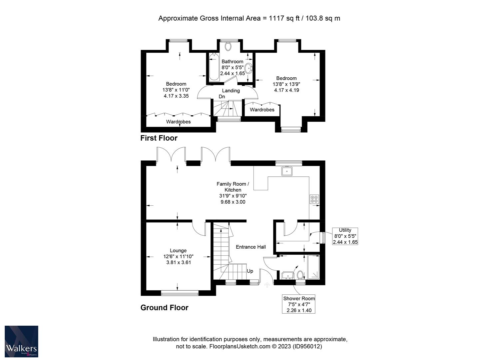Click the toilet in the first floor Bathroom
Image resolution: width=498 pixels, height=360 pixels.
[x=228, y=46]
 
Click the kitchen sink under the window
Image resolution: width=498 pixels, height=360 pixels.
[x=286, y=171]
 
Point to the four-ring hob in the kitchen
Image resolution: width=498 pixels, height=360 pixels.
[x=314, y=199]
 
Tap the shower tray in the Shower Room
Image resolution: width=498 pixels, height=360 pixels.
[x=313, y=267]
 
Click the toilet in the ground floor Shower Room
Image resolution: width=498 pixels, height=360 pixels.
[x=300, y=275]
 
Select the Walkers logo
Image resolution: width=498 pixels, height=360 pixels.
[x=21, y=341]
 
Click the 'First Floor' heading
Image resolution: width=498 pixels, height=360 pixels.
[x=159, y=138]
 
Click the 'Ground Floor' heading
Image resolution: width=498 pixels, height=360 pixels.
[x=164, y=308]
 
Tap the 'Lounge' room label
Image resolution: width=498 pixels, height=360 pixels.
[x=178, y=251]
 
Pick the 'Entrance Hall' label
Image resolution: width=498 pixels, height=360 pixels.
[x=251, y=247]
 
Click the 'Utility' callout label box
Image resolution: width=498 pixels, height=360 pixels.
[x=345, y=236]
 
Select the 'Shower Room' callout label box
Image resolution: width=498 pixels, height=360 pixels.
[x=299, y=304]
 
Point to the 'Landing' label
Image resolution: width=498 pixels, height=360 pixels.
[x=231, y=91]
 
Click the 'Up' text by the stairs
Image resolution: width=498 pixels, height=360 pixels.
[x=250, y=271]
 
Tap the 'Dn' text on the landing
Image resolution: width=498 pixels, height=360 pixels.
[x=222, y=97]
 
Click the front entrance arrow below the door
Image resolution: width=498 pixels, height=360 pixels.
[x=267, y=285]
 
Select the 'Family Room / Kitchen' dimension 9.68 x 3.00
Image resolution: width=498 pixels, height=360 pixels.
[x=233, y=202]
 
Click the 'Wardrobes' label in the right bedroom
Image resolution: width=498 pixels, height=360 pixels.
[x=262, y=110]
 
